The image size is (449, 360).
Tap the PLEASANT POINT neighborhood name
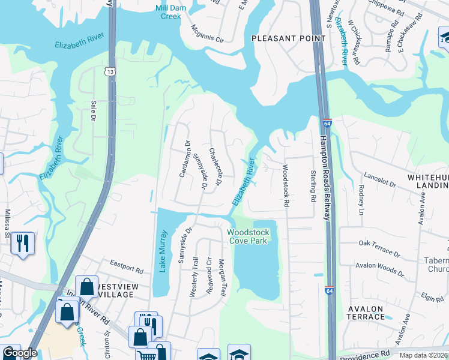point(288,38)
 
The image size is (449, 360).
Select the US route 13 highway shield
point(109,72)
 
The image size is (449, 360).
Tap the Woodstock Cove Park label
point(248,236)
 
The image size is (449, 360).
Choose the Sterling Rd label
point(312,185)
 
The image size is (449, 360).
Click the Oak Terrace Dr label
point(379,247)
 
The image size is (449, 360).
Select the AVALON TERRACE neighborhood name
point(366,313)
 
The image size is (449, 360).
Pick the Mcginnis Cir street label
point(207,35)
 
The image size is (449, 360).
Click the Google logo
point(19,353)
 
